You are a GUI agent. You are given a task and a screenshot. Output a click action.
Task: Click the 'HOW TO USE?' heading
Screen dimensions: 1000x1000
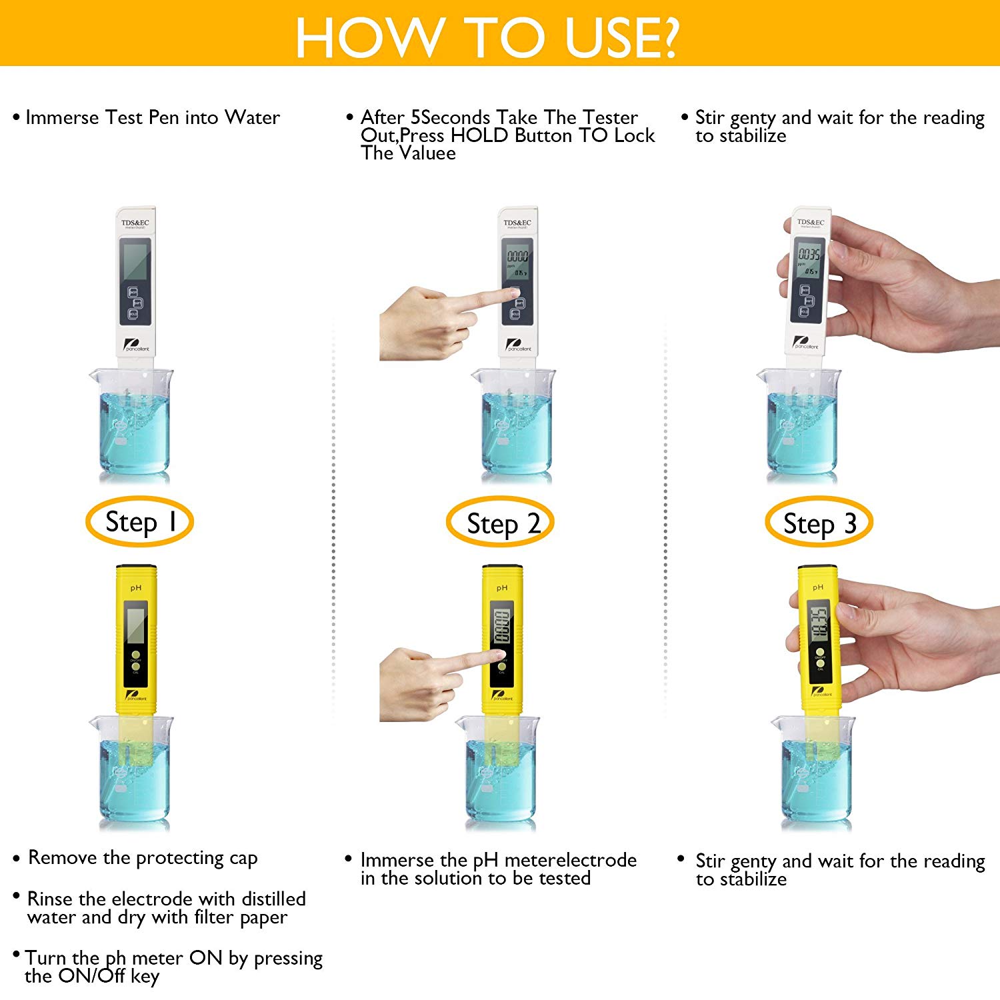pos(487,36)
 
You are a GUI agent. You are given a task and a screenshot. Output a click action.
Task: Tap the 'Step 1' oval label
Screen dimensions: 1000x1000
pos(139,521)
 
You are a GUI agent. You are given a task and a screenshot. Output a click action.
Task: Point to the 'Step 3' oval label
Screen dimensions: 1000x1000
pos(819,523)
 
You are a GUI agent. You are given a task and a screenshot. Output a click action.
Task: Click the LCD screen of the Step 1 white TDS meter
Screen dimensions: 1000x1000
pos(135,260)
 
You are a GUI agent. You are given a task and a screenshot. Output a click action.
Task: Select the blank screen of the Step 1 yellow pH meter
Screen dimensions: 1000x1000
pos(136,624)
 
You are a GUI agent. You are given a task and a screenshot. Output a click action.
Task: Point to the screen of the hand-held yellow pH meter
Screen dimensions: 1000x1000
pos(818,623)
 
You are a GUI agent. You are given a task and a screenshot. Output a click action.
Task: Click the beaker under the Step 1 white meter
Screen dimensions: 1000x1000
pos(133,423)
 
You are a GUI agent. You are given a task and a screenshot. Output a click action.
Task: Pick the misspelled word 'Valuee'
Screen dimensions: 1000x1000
pos(427,153)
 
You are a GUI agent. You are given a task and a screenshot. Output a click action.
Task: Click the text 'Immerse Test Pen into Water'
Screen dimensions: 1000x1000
pos(152,118)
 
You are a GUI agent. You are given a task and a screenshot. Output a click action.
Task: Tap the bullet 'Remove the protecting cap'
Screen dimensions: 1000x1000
pos(142,857)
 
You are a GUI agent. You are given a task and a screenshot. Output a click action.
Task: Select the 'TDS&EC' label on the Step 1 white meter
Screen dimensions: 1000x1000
pos(135,223)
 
